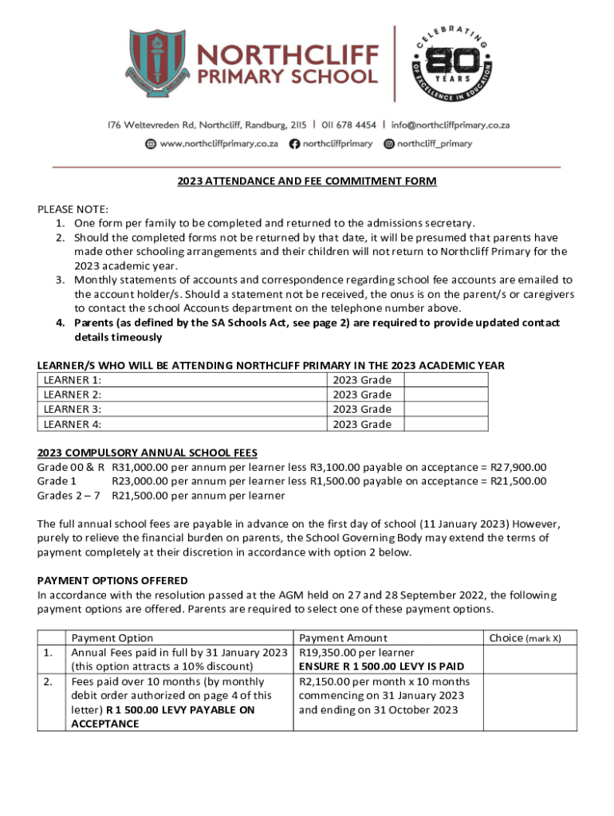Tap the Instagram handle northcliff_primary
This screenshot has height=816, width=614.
434,144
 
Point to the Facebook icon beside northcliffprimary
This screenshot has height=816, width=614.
294,144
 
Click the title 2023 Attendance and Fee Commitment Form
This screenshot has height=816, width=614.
307,181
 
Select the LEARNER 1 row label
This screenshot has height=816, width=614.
73,380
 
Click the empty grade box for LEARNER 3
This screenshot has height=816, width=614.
446,410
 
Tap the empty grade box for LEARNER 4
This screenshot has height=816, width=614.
446,424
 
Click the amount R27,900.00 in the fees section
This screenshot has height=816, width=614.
518,468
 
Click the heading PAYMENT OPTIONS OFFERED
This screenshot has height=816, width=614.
112,580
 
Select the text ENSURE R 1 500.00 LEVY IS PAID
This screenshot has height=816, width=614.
381,666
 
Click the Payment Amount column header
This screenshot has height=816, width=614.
343,637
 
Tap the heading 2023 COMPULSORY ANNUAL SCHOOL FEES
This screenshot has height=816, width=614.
148,453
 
